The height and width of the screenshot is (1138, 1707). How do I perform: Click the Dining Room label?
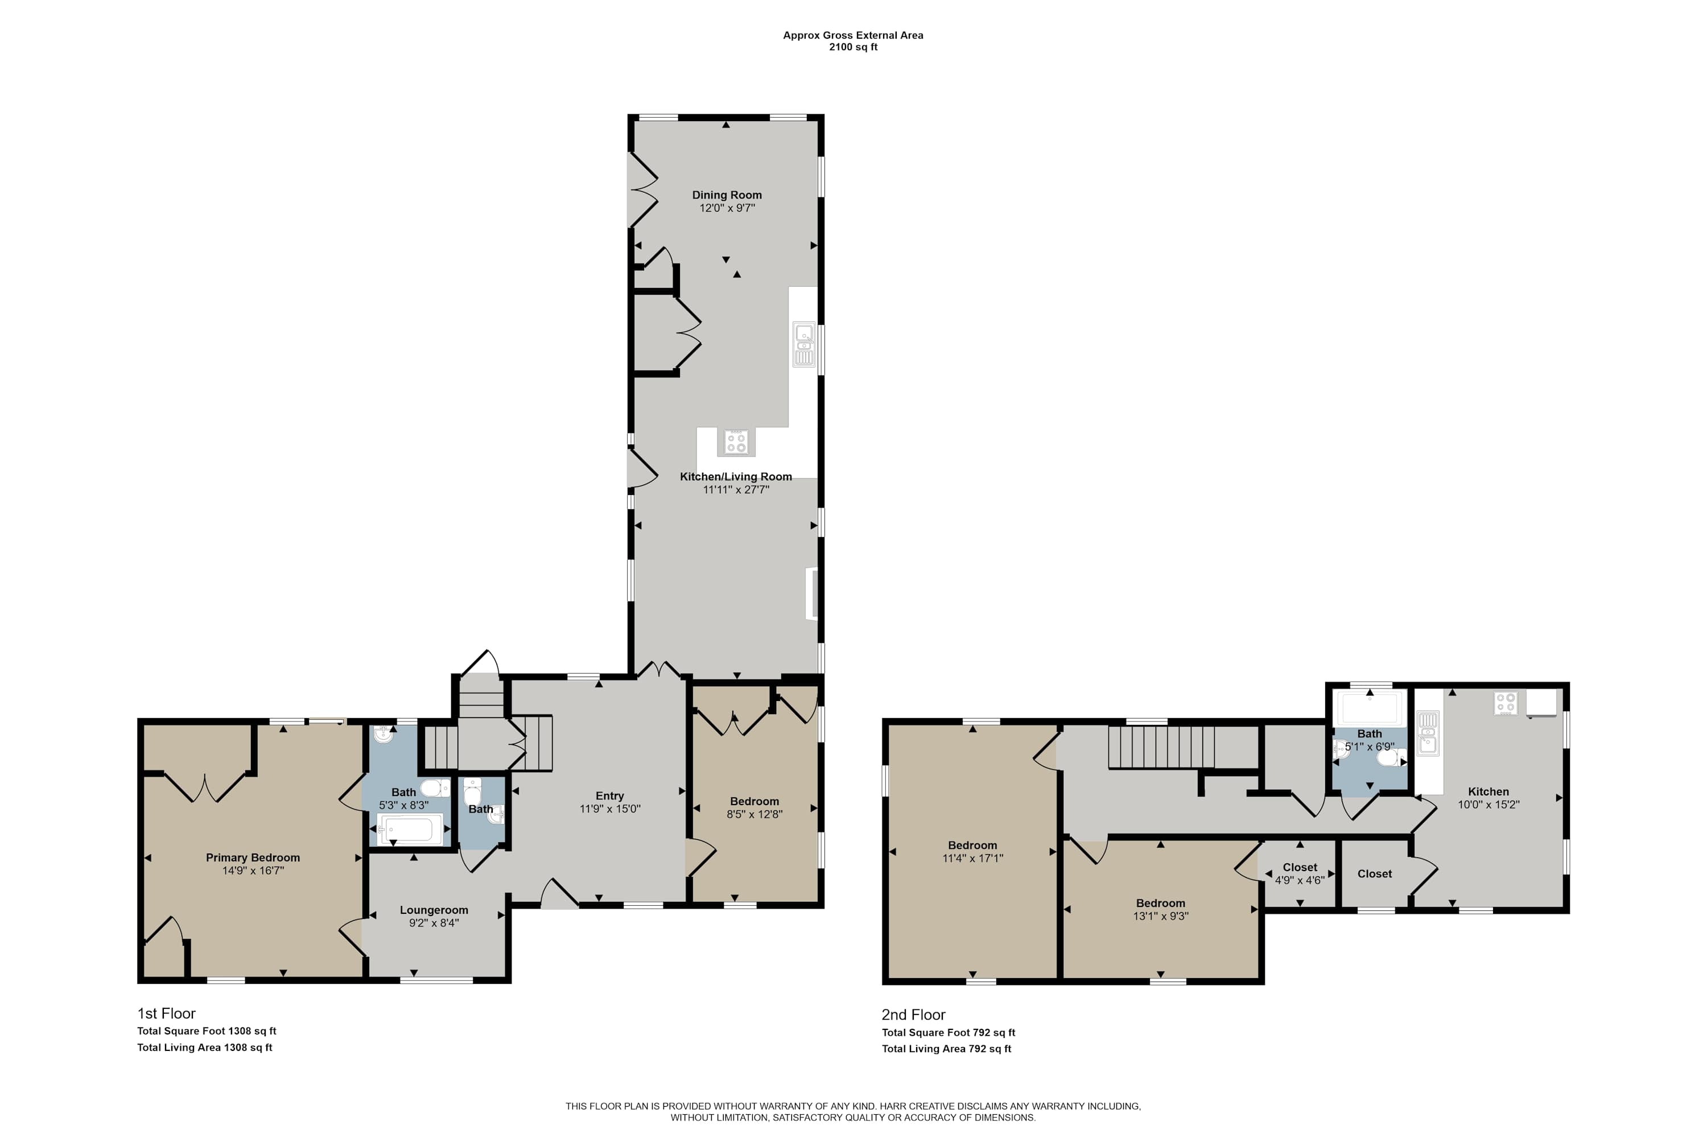point(727,195)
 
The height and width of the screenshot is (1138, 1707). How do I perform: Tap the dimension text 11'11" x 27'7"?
point(736,490)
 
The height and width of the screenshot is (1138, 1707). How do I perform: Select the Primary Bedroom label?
point(253,858)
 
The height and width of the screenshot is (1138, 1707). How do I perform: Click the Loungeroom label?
point(434,910)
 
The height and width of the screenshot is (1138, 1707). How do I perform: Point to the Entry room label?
point(609,796)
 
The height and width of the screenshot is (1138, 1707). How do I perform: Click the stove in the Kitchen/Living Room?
point(736,442)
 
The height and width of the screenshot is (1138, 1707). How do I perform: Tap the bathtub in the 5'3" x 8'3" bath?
point(409,829)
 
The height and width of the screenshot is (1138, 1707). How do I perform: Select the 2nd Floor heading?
point(914,1015)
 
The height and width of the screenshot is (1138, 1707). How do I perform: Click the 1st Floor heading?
point(166,1013)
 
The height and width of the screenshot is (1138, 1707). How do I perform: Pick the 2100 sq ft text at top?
point(853,47)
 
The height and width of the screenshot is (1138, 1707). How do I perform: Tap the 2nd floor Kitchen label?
point(1489,792)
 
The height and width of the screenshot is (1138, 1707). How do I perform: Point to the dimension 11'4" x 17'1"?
point(972,859)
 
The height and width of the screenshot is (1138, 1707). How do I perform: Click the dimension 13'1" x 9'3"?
point(1161,917)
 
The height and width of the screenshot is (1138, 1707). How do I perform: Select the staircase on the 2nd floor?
point(1161,748)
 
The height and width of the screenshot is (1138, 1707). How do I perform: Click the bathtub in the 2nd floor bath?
point(1370,708)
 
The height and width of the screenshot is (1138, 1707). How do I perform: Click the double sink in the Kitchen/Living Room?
point(804,345)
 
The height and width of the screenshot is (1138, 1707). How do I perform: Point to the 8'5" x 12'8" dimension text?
point(755,814)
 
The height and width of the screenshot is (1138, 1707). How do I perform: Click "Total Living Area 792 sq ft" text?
point(946,1049)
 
